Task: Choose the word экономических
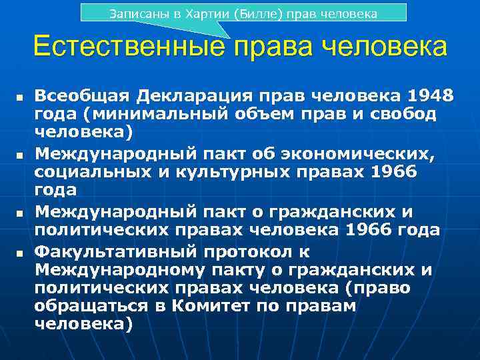[363, 155]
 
